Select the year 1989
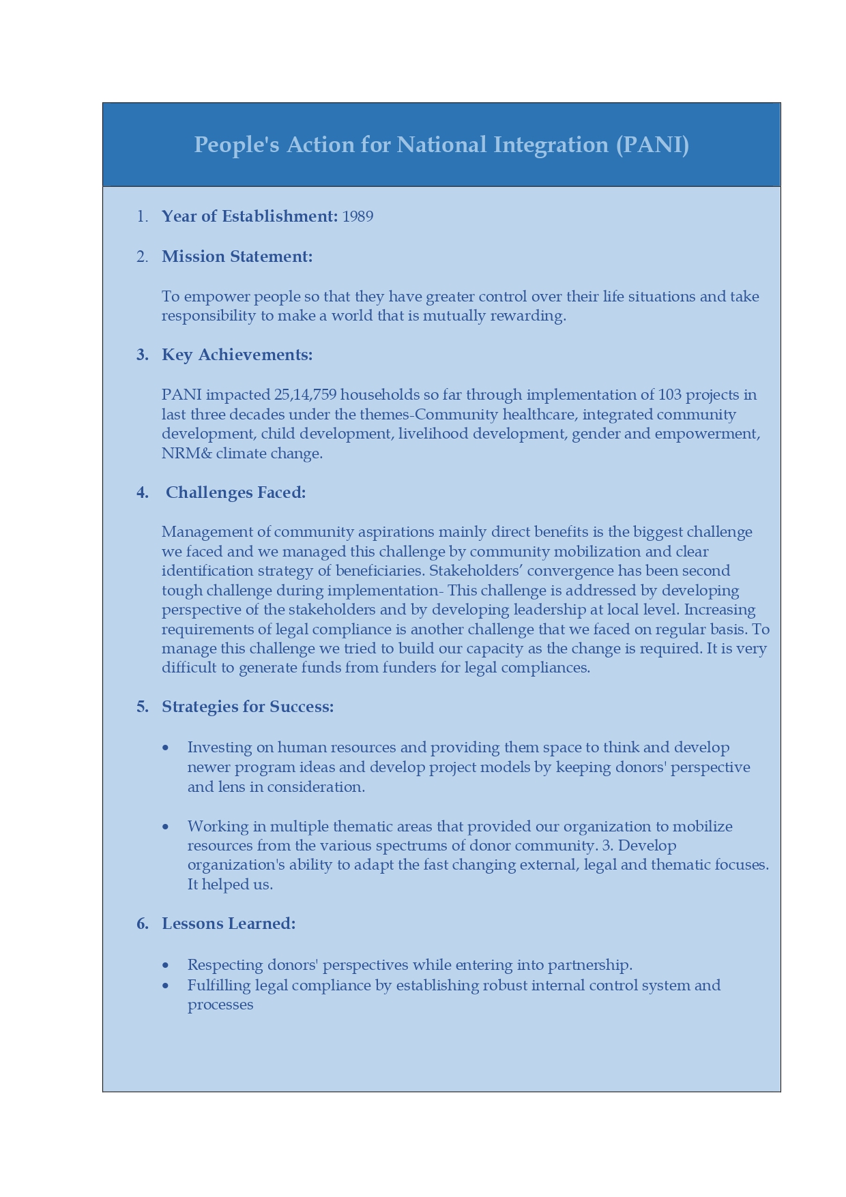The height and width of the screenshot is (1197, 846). (358, 216)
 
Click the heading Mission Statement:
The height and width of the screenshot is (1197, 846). (237, 256)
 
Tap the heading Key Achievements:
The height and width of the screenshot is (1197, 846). (237, 355)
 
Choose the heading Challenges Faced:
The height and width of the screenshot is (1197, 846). (235, 492)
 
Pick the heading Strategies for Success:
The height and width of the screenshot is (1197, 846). (248, 707)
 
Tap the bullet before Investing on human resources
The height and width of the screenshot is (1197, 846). (166, 748)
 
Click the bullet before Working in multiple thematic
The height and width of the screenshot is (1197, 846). (166, 827)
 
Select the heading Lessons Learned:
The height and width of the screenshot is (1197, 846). (229, 923)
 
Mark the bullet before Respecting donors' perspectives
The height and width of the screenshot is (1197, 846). (166, 966)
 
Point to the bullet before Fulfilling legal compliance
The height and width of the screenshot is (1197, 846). (166, 986)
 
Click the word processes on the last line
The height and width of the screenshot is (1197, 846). (220, 1005)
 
